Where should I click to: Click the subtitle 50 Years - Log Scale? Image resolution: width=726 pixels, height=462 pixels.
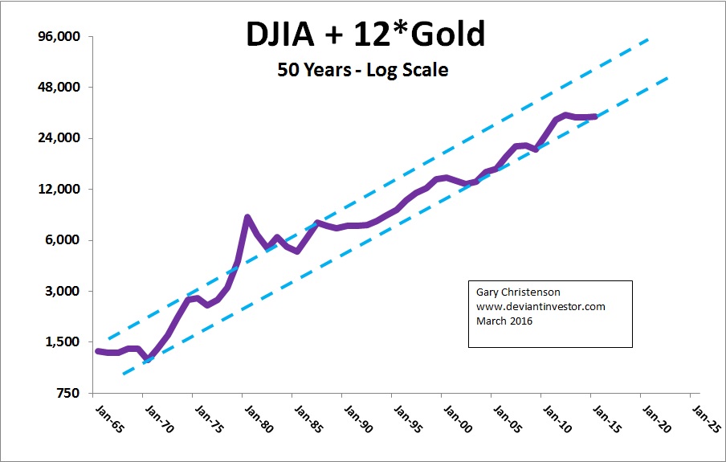tap(362, 70)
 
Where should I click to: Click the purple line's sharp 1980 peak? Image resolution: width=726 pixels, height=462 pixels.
tap(247, 217)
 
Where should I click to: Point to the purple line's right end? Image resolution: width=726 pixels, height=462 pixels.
tap(595, 117)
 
